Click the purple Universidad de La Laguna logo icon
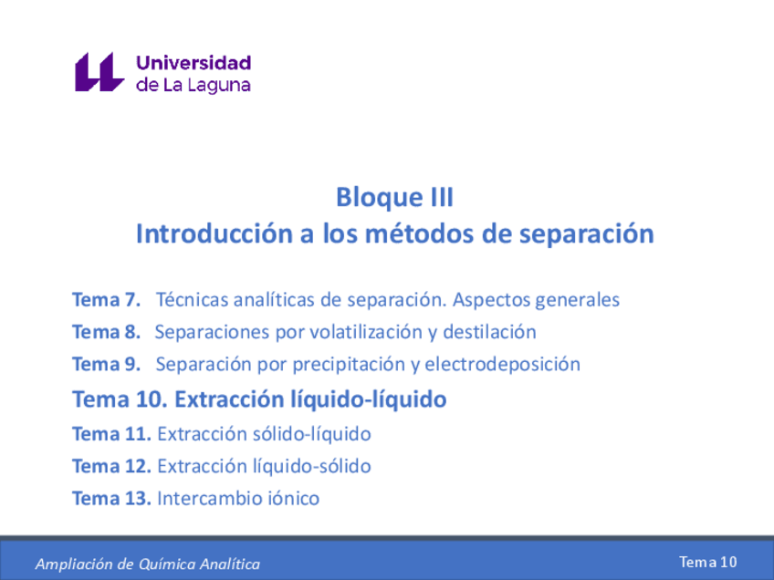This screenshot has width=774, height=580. point(99,72)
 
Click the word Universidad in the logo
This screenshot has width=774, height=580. point(193,63)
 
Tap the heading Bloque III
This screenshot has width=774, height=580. point(394,197)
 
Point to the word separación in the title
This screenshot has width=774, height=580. point(586,234)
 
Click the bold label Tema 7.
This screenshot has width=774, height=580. point(106,299)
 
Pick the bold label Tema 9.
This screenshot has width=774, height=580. point(106,365)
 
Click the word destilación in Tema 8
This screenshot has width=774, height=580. point(489,332)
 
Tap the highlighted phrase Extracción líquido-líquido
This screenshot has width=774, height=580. point(310,399)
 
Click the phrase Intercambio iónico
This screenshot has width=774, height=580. point(238,499)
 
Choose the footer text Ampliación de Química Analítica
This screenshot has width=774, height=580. point(147,564)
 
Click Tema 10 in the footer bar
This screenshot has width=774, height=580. point(707,562)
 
